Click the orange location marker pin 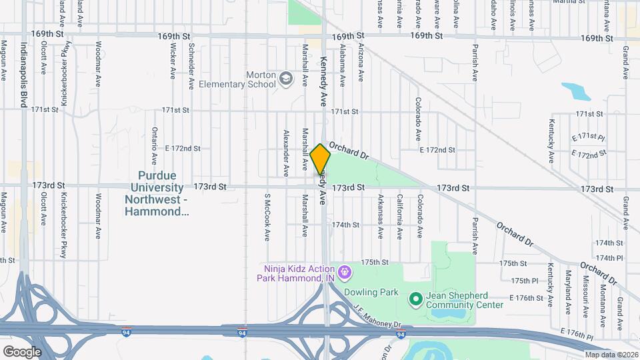321,159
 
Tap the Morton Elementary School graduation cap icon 286,79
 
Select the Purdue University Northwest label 157,193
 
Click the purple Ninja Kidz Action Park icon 344,271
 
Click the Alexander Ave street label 286,153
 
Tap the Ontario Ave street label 154,146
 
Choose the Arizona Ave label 361,63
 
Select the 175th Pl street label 525,281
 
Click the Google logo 21,352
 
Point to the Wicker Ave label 173,61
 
